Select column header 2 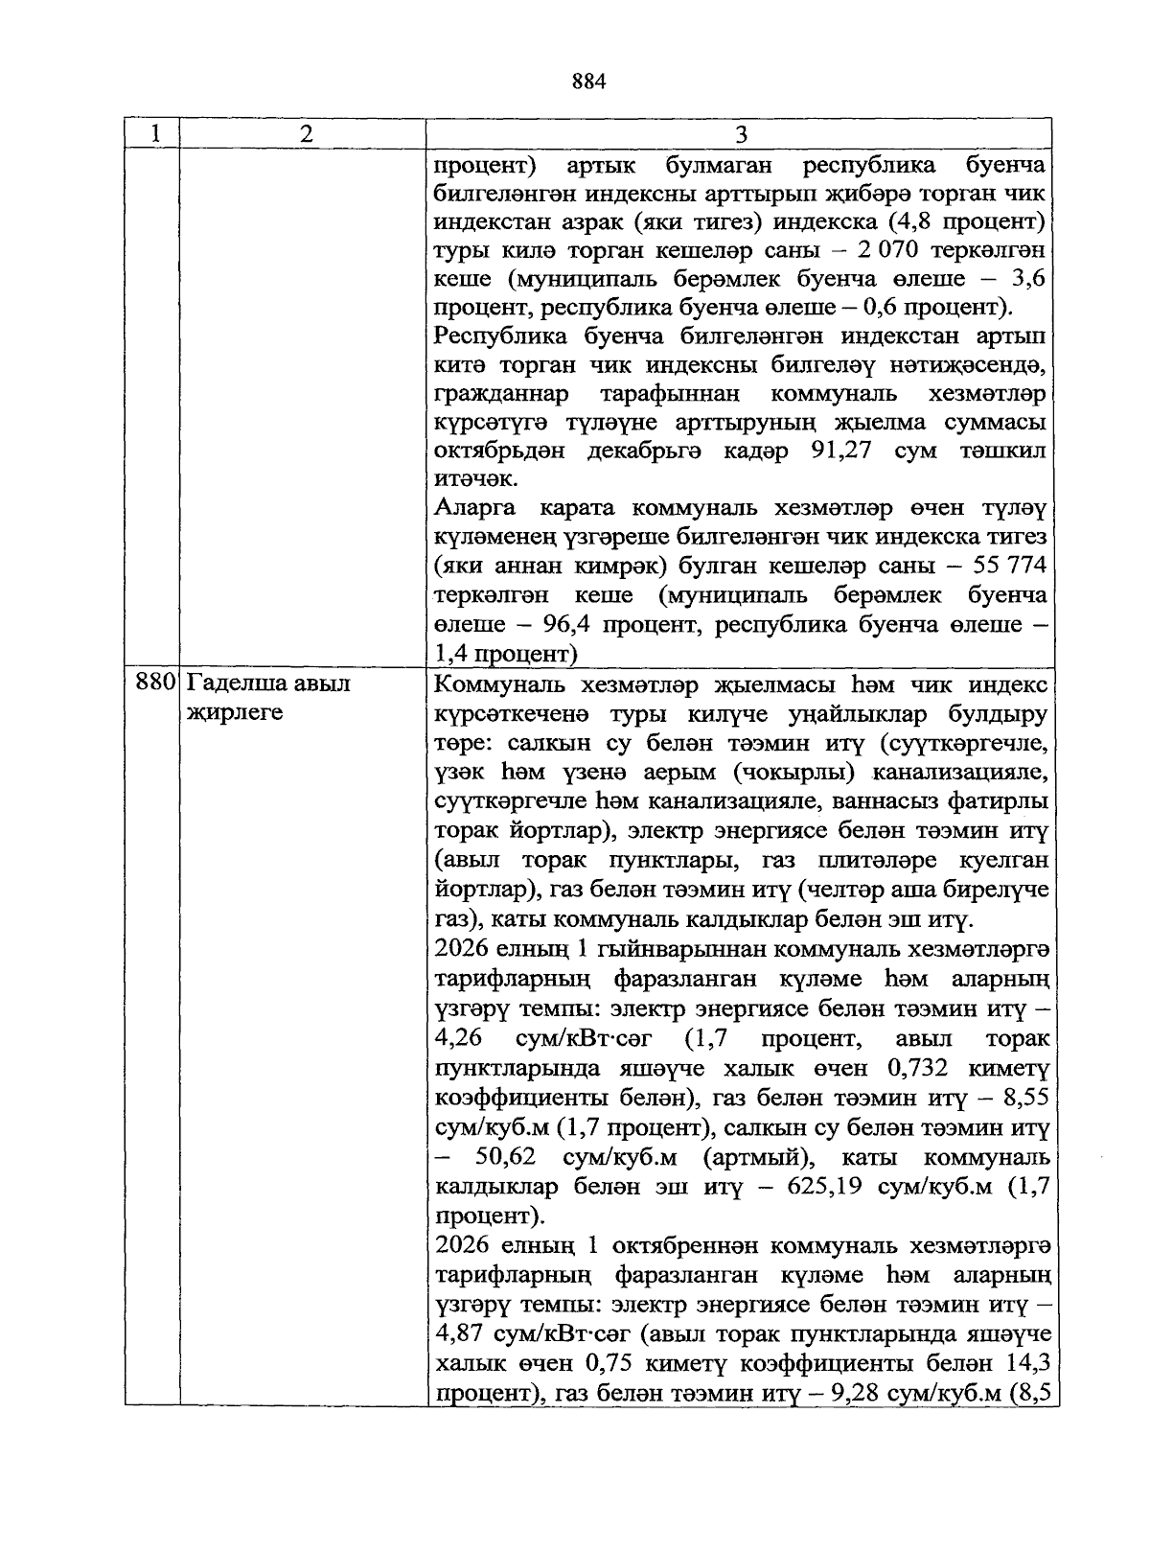(305, 134)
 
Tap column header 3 (740, 134)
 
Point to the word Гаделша (229, 683)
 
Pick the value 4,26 (459, 1039)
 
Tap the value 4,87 (459, 1335)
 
